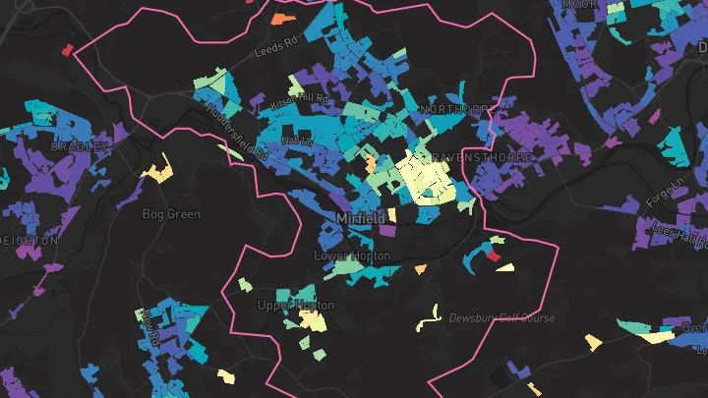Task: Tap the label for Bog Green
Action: pos(171,214)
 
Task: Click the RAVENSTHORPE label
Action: pos(482,157)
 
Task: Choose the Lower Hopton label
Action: pos(351,256)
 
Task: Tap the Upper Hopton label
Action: pos(295,306)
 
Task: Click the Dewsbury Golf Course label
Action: pos(501,318)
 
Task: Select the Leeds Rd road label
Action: pos(275,46)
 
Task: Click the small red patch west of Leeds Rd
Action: pos(68,48)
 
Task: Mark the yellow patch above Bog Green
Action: pos(156,174)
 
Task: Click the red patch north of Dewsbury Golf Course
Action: pos(494,256)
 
